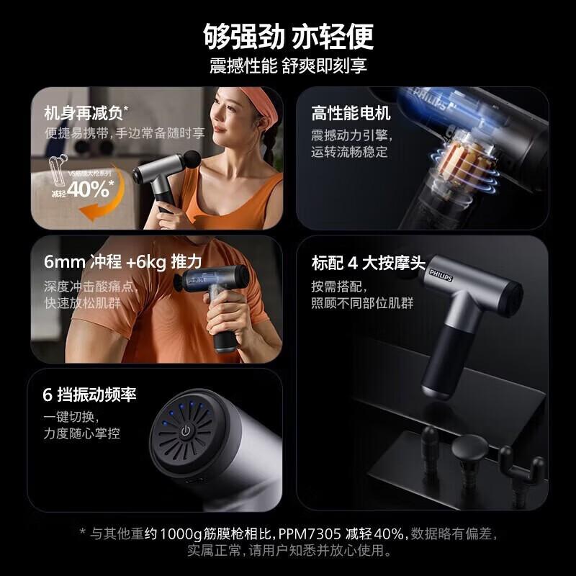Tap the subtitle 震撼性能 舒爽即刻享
(288, 66)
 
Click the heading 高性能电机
(351, 113)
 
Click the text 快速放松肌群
(82, 302)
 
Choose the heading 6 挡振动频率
(89, 395)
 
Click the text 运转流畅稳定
(349, 152)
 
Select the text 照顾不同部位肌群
(362, 302)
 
